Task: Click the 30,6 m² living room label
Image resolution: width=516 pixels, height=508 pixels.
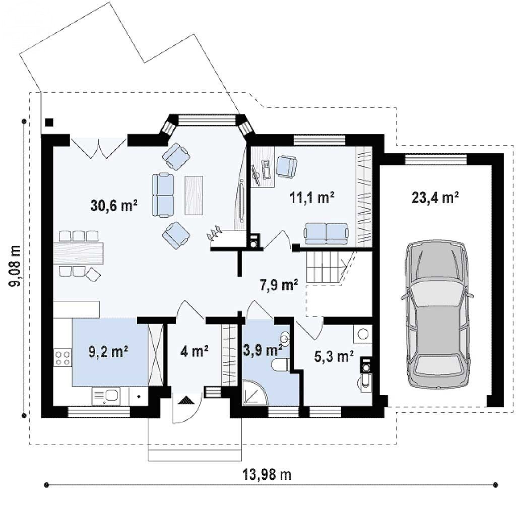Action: pyautogui.click(x=114, y=206)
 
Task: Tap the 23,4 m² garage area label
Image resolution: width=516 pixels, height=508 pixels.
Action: pyautogui.click(x=435, y=198)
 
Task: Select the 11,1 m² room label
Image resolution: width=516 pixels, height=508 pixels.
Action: pyautogui.click(x=312, y=198)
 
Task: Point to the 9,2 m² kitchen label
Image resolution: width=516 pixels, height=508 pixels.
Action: pyautogui.click(x=108, y=351)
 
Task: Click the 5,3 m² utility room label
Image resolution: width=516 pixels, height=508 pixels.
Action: pyautogui.click(x=334, y=356)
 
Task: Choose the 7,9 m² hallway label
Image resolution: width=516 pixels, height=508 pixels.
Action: pyautogui.click(x=279, y=285)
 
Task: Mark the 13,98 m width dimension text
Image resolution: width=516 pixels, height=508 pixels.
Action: pyautogui.click(x=267, y=475)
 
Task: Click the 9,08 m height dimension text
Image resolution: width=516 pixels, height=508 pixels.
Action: pyautogui.click(x=15, y=266)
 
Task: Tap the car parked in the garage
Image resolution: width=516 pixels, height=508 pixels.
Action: pyautogui.click(x=437, y=314)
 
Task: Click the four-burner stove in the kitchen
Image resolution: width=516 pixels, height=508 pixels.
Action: pyautogui.click(x=62, y=358)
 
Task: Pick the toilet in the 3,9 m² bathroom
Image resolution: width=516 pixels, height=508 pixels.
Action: pyautogui.click(x=280, y=365)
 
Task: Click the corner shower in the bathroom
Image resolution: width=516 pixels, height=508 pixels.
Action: pyautogui.click(x=254, y=393)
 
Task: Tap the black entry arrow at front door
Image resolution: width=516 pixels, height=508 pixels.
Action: pyautogui.click(x=186, y=401)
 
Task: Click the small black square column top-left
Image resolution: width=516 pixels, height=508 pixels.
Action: pyautogui.click(x=49, y=122)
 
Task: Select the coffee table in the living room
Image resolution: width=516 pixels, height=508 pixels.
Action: pyautogui.click(x=194, y=196)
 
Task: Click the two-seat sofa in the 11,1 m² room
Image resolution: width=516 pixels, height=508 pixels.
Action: pyautogui.click(x=326, y=234)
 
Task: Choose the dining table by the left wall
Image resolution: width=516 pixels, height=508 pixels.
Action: pyautogui.click(x=78, y=252)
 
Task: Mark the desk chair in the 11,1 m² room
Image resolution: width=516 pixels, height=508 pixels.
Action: pyautogui.click(x=286, y=166)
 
